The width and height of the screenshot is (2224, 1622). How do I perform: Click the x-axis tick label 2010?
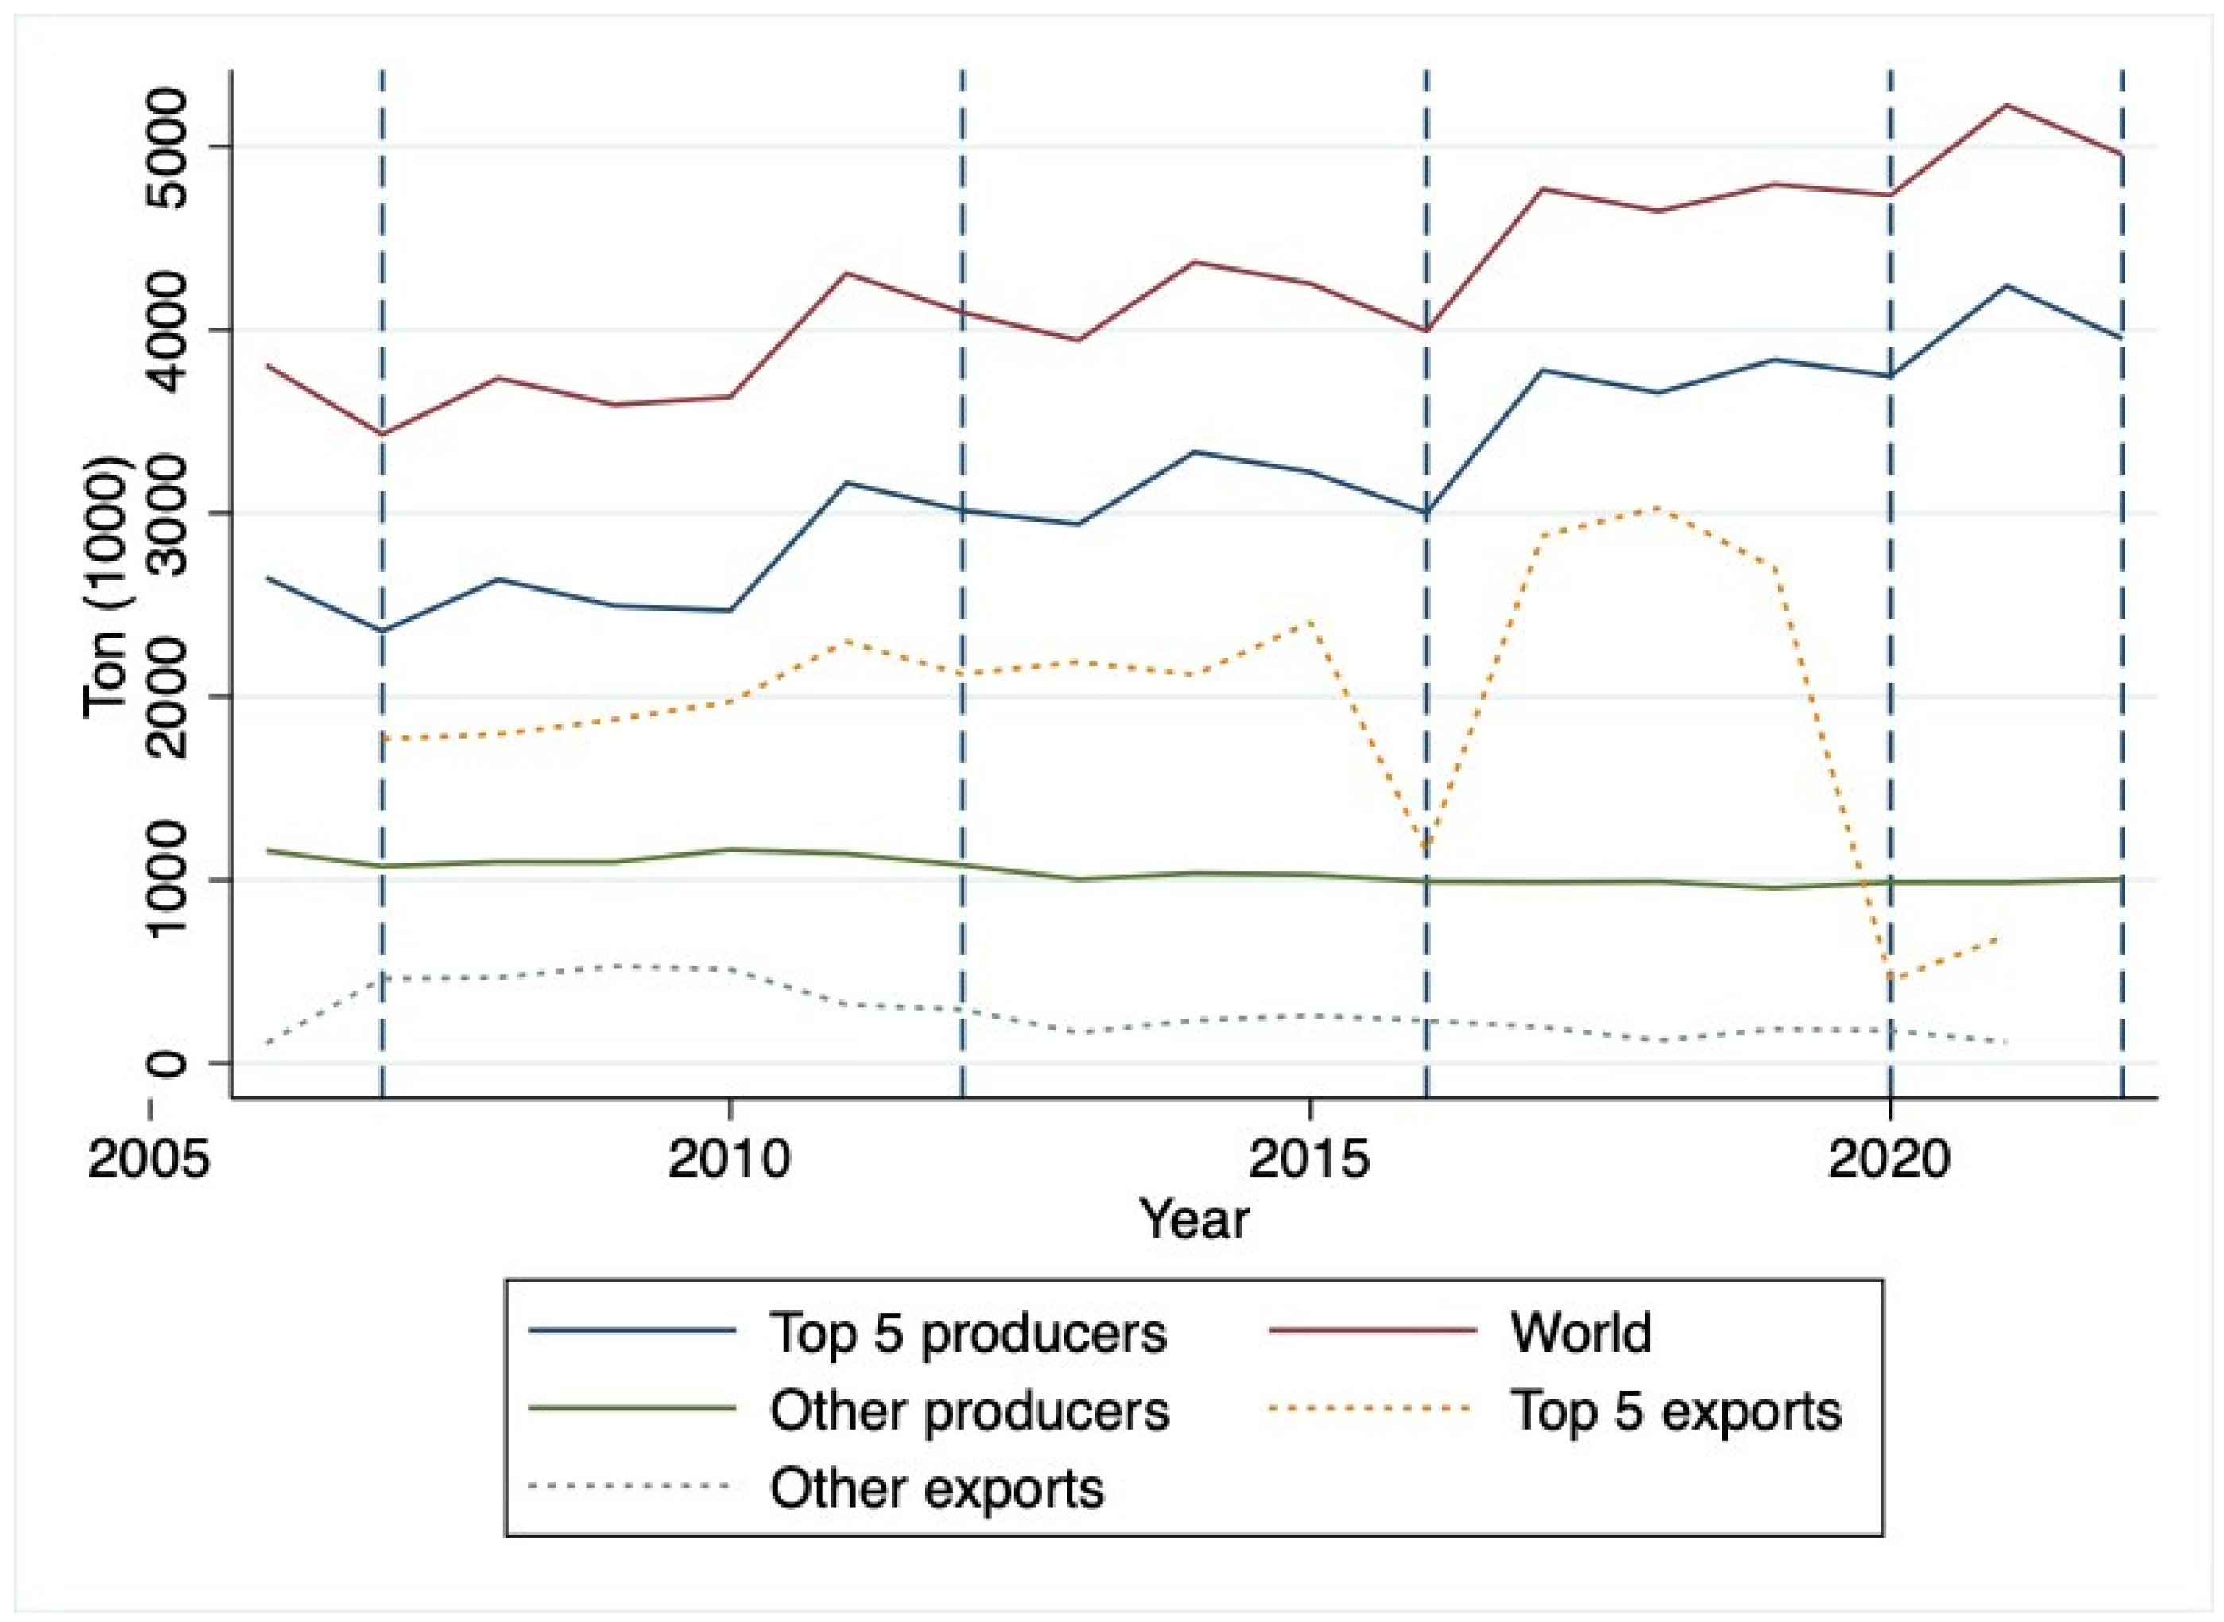click(x=728, y=1159)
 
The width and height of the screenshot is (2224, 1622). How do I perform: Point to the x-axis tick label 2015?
click(x=1308, y=1159)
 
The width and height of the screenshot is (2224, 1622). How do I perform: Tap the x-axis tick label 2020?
click(x=1889, y=1159)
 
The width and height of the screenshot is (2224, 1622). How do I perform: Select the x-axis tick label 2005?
click(x=149, y=1159)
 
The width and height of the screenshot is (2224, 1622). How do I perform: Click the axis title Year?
click(x=1193, y=1220)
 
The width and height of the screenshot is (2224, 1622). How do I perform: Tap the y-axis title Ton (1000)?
click(x=106, y=587)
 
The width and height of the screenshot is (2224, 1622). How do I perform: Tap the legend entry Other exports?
click(x=936, y=1488)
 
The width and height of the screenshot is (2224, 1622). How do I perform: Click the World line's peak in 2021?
click(x=2006, y=104)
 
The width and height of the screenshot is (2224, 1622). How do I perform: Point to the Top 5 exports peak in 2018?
click(x=1656, y=506)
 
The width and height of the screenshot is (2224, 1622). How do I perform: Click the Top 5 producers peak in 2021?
click(x=2006, y=285)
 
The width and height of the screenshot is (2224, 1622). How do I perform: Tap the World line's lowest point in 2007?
click(x=382, y=434)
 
